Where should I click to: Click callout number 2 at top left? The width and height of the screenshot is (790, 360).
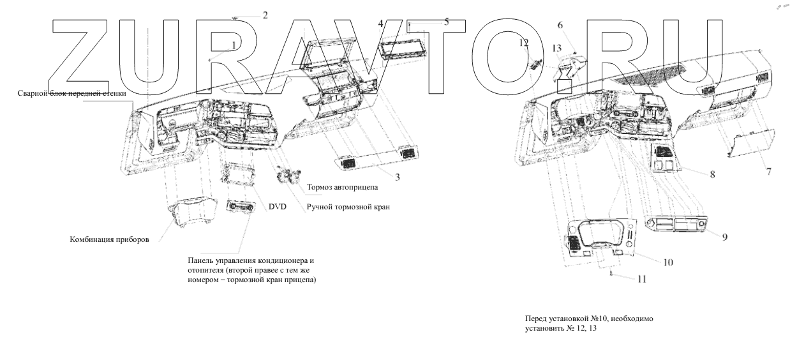[265, 15]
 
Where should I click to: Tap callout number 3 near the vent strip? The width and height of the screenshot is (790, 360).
[398, 177]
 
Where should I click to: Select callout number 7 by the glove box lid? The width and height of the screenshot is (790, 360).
[768, 172]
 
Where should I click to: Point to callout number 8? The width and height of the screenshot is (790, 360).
[712, 174]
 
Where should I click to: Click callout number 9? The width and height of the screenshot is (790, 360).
[724, 237]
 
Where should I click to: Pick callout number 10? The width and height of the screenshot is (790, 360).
[668, 262]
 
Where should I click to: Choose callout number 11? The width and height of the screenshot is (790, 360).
[641, 279]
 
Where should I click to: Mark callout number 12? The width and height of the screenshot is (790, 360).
[524, 43]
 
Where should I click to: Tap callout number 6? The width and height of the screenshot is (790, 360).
[560, 25]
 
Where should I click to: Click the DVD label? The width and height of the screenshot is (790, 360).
[277, 207]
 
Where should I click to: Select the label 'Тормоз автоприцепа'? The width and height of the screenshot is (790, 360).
[342, 187]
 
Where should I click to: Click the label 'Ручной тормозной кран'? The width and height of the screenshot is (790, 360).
[348, 207]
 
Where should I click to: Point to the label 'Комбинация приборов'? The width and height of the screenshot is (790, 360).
[109, 239]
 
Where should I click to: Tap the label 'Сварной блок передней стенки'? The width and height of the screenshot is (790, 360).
[71, 93]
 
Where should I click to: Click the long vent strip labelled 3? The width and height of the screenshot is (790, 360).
[376, 158]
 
